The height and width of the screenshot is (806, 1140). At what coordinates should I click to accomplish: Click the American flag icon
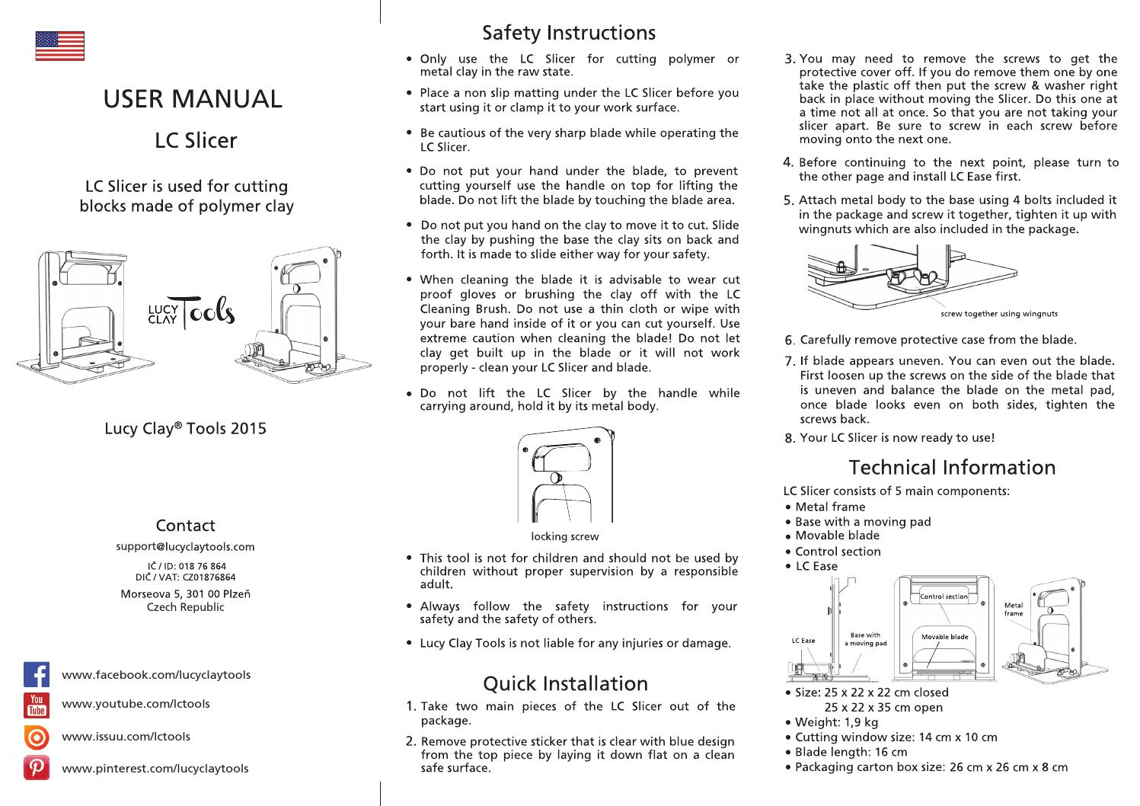[x=59, y=46]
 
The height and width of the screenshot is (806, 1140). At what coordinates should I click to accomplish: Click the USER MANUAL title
[x=193, y=98]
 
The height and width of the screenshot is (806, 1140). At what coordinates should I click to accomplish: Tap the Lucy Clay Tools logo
[x=191, y=312]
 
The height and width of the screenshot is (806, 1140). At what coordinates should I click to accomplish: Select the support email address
[x=185, y=546]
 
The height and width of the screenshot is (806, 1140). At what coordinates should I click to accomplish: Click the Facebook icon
[x=37, y=675]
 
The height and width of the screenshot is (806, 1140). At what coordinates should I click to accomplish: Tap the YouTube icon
[x=37, y=705]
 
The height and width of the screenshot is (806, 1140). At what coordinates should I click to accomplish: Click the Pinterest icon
[x=37, y=768]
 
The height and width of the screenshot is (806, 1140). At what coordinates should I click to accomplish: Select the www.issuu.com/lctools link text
[x=126, y=736]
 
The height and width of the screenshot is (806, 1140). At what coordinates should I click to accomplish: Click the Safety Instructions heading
[x=568, y=33]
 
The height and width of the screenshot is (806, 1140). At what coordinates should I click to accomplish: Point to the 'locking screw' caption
[x=564, y=536]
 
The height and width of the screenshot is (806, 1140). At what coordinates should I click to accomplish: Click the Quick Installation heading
[x=565, y=683]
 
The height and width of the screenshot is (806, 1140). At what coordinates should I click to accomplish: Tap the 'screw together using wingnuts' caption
[x=999, y=313]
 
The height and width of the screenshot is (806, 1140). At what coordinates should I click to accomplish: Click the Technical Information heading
[x=952, y=467]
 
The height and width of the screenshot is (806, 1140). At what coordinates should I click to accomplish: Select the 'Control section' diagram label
[x=944, y=597]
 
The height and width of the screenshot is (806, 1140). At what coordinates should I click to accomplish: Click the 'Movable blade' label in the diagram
[x=944, y=636]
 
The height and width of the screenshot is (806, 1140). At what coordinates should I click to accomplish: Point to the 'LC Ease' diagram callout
[x=803, y=641]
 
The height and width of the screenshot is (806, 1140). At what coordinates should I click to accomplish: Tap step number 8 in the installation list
[x=790, y=438]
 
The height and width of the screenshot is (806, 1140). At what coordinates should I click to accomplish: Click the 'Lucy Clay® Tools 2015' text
[x=185, y=428]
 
